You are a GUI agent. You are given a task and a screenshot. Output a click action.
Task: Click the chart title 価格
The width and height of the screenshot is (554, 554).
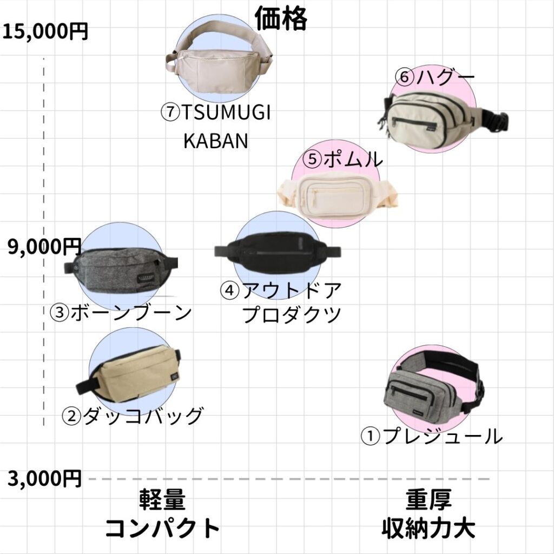pos(281,18)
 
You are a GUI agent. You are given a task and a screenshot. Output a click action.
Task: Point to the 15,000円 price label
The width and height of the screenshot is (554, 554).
pos(45,31)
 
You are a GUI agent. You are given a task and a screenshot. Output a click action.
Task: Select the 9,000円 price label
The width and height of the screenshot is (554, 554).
pos(44,246)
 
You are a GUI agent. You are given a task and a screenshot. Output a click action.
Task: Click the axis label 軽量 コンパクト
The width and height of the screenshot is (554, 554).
pos(162,513)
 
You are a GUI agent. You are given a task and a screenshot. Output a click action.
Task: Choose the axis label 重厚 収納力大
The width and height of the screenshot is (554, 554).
pos(428,513)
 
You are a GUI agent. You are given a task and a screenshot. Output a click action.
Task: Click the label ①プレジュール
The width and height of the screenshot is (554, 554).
pos(431,436)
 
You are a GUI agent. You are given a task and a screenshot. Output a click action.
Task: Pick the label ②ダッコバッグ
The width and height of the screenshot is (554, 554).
pos(133,415)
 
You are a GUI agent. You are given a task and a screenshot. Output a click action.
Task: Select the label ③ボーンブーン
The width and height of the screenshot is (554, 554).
pos(121,312)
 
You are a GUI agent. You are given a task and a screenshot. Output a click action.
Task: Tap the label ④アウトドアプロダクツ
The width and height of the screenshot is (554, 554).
pos(281,302)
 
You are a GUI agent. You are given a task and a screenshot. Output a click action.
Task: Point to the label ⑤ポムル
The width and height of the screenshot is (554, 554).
pos(342,159)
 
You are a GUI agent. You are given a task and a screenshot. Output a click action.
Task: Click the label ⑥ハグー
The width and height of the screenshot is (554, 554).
pos(434,77)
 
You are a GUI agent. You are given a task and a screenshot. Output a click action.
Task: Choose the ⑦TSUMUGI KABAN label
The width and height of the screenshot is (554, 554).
pos(216,127)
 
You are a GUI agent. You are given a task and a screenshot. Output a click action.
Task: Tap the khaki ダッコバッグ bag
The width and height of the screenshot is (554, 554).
pos(129,373)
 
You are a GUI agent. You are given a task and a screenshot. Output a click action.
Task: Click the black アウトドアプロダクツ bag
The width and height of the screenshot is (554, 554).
pos(278,252)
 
